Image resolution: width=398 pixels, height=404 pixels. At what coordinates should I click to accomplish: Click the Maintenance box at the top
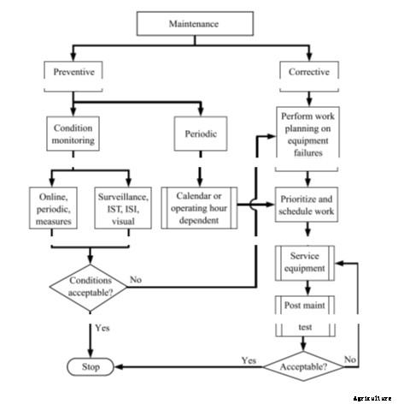click(197, 24)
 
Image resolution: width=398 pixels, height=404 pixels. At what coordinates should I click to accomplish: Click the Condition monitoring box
click(73, 134)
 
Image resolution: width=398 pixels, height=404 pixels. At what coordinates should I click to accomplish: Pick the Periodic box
click(202, 134)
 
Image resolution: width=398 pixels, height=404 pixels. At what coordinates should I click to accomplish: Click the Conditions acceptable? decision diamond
click(90, 286)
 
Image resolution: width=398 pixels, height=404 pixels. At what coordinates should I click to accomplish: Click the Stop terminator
click(90, 367)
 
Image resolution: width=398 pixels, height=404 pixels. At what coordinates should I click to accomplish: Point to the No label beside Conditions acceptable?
click(137, 278)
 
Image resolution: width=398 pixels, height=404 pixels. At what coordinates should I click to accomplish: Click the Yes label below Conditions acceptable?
click(102, 327)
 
